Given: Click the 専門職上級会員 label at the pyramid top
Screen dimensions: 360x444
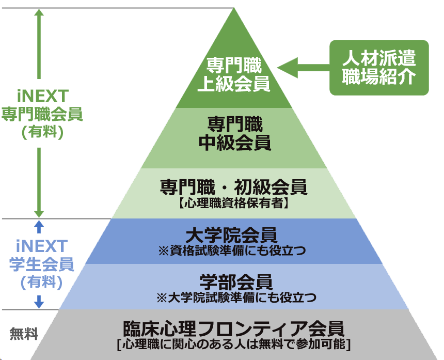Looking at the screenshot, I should coord(235,75).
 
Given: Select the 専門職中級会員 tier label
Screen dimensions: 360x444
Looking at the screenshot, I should coord(235,133).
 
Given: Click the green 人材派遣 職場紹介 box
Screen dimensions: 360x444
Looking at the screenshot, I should coord(379,68).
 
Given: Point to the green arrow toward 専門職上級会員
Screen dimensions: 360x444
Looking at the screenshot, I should coord(303,68).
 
